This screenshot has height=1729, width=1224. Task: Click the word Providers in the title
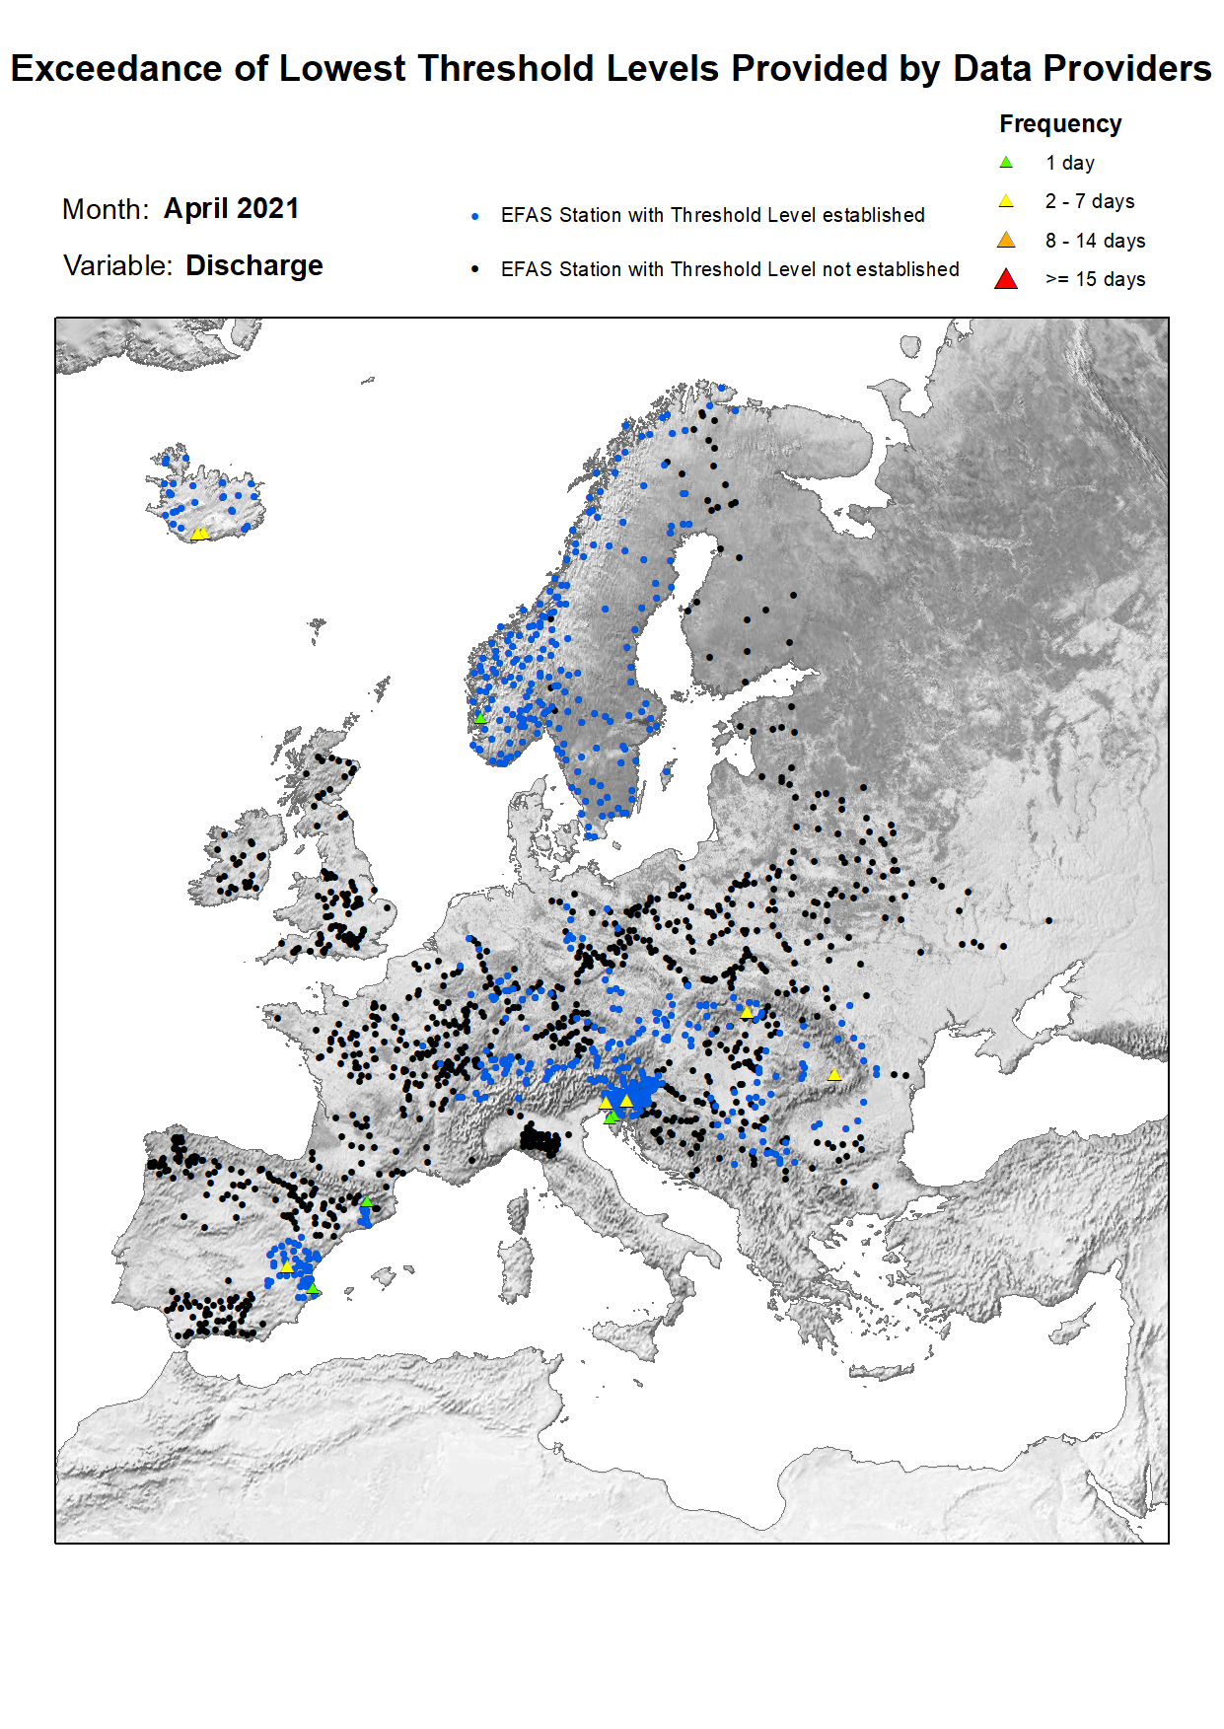tap(1126, 69)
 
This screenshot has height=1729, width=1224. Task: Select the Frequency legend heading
tap(1060, 124)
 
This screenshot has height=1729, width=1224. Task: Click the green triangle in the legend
tap(1006, 163)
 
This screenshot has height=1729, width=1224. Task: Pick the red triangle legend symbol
tap(1006, 279)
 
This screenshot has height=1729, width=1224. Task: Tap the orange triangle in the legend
tap(1006, 241)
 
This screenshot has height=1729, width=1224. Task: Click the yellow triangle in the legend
tap(1006, 201)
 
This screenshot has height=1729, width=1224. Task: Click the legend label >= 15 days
tap(1095, 280)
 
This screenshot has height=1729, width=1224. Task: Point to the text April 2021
tap(231, 209)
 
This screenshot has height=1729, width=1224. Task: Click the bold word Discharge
tap(254, 266)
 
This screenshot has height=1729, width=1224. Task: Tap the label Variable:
tap(117, 266)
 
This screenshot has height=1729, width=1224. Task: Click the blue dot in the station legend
tap(475, 216)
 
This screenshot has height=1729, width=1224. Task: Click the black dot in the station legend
tap(475, 269)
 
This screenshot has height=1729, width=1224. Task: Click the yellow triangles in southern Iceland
tap(199, 534)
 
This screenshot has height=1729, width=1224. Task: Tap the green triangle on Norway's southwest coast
tap(480, 718)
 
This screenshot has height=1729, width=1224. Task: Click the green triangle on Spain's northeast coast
tap(366, 1201)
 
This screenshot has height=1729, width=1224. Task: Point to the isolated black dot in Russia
tap(1048, 921)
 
